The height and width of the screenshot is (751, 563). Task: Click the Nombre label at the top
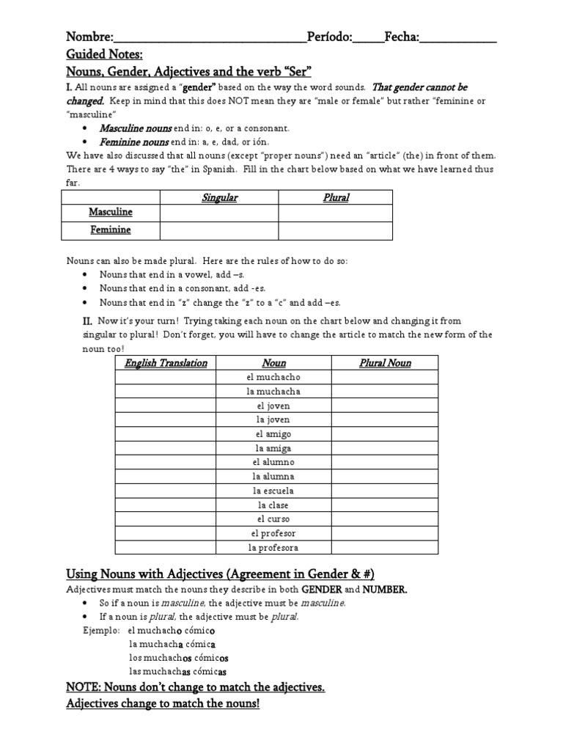point(89,37)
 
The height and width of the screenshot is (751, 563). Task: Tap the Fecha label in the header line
point(401,37)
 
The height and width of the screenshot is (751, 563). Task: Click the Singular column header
point(219,197)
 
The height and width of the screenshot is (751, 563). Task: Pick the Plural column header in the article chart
point(336,197)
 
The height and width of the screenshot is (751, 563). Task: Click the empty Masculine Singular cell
point(219,213)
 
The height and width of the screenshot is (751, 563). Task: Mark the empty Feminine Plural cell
point(336,230)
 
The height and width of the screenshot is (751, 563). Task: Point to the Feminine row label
point(111,230)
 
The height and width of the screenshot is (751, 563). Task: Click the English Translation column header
point(166,363)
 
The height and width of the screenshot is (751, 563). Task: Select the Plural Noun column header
point(385,363)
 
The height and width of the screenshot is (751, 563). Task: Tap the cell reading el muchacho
point(274,377)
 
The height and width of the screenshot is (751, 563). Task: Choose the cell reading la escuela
point(274,491)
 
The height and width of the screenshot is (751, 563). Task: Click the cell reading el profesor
point(274,533)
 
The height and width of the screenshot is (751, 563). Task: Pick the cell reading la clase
point(274,505)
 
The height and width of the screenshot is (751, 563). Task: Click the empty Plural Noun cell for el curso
point(385,519)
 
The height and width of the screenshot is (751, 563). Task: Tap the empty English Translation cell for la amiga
point(166,448)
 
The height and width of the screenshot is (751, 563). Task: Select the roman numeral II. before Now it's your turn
point(87,320)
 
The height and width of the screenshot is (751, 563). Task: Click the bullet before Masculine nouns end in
point(87,128)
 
